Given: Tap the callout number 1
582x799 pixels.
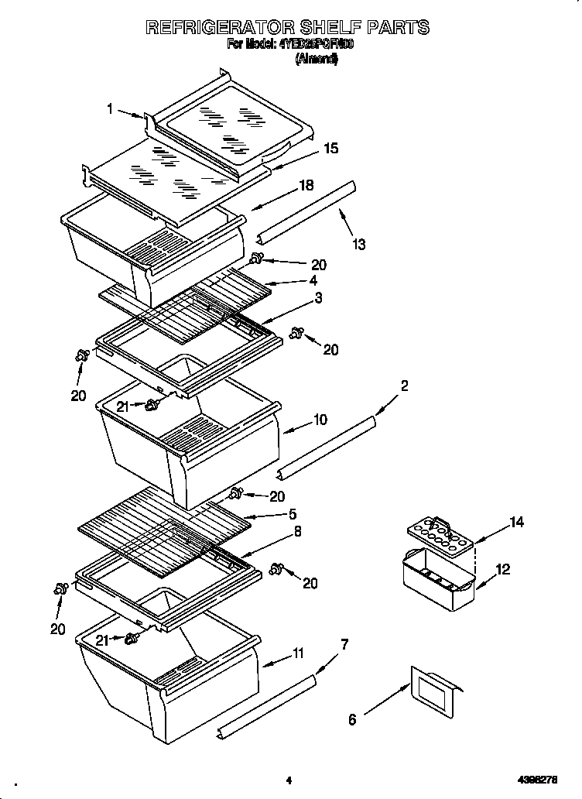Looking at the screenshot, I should [111, 109].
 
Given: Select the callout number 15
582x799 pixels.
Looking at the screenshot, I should [330, 149].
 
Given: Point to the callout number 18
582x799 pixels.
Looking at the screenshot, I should [306, 186].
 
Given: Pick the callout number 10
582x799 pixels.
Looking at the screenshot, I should [320, 420].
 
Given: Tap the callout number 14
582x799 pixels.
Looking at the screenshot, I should [516, 523].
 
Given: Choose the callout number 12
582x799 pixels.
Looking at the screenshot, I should [503, 569].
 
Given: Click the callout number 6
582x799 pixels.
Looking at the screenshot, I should [353, 719].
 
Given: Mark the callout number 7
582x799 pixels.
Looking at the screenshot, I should [344, 643].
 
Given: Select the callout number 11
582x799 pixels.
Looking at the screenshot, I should [298, 654].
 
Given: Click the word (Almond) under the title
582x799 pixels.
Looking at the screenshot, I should [317, 59].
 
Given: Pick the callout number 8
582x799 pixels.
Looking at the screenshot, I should [297, 532].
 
